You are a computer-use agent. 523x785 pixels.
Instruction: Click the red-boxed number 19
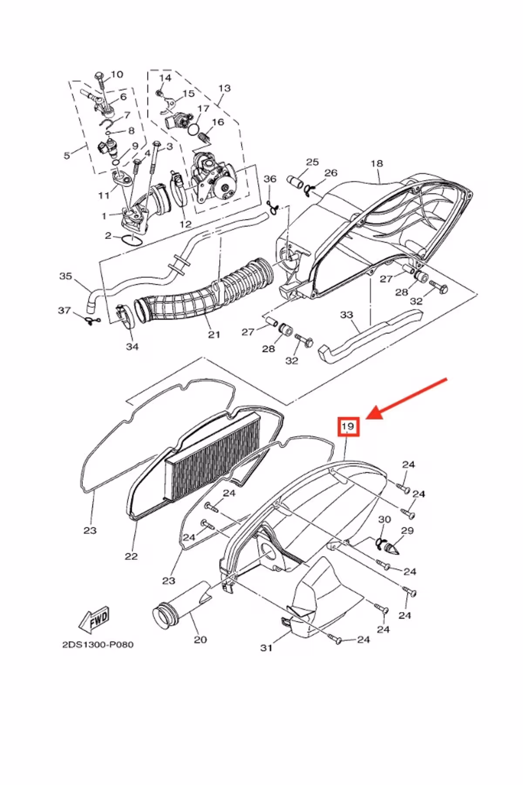point(348,426)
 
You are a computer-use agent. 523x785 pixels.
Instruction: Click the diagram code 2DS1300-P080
point(98,644)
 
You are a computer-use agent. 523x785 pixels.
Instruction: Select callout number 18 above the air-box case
point(377,164)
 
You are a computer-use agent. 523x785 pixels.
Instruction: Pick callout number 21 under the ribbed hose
point(214,334)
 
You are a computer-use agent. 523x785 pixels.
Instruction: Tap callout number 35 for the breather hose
point(65,276)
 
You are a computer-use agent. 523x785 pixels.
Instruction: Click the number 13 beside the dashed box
point(224,89)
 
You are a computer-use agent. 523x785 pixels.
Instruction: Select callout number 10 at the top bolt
point(117,75)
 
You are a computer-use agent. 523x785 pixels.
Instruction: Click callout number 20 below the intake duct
point(200,640)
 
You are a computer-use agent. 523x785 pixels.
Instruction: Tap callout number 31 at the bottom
point(266,648)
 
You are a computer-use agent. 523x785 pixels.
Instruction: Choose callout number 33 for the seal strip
point(346,315)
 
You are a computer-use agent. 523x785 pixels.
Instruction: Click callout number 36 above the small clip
point(270,179)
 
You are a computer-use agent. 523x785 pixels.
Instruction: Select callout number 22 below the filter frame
point(131,556)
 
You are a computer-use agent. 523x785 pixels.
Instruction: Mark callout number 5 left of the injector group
point(67,155)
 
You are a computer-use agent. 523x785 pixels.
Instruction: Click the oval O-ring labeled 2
point(130,240)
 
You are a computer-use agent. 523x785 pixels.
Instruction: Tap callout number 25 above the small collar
point(312,163)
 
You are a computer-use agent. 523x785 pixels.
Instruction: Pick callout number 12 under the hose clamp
point(186,224)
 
